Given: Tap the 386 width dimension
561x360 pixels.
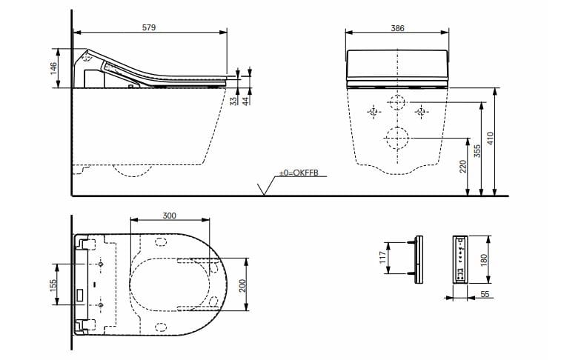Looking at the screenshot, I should (x=398, y=27).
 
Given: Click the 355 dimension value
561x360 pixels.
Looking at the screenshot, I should (x=478, y=150).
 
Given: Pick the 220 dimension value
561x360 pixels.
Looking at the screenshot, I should (x=463, y=167).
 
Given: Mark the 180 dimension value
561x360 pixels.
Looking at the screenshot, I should (x=484, y=260).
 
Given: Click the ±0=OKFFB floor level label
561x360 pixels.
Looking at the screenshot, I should (x=298, y=173).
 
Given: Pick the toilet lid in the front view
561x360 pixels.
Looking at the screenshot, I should (x=398, y=64).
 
